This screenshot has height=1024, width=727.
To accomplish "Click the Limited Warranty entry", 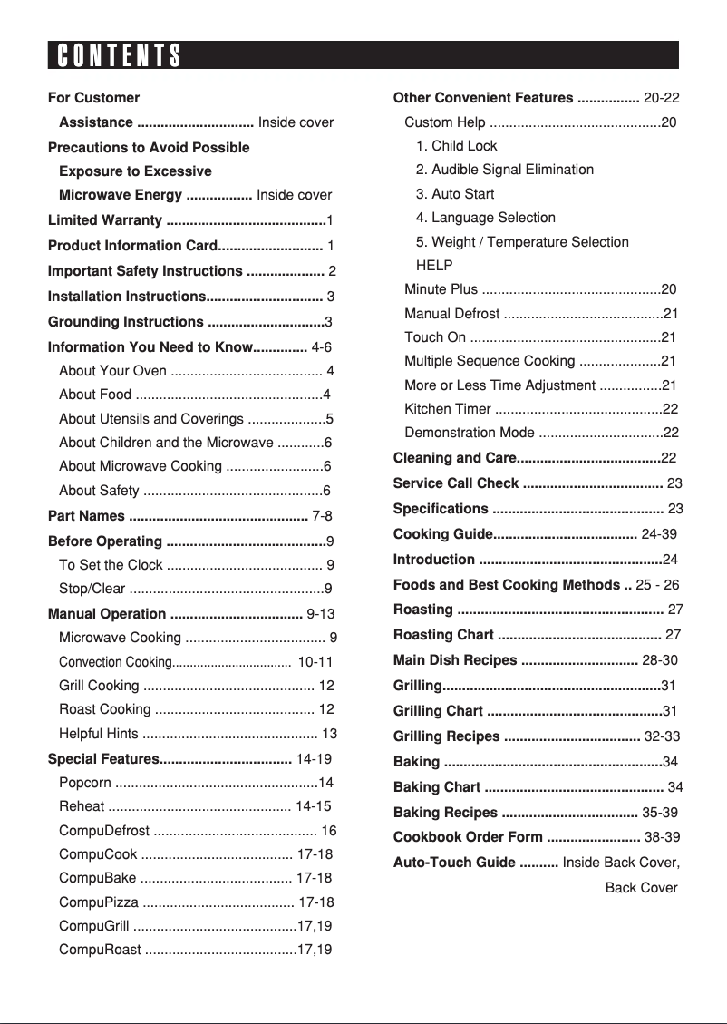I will pyautogui.click(x=105, y=220).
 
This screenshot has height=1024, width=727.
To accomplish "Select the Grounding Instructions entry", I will pyautogui.click(x=125, y=322).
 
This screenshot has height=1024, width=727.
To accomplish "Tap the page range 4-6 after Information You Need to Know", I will pyautogui.click(x=321, y=346).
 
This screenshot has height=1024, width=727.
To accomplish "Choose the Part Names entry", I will pyautogui.click(x=86, y=516).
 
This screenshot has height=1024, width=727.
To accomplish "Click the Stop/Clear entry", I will pyautogui.click(x=92, y=588).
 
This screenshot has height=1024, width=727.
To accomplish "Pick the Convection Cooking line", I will pyautogui.click(x=115, y=662).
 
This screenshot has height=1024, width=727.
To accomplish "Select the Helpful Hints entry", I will pyautogui.click(x=99, y=734).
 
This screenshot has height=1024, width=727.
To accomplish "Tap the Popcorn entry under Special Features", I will pyautogui.click(x=85, y=783).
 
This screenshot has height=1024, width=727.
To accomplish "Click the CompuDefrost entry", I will pyautogui.click(x=104, y=831).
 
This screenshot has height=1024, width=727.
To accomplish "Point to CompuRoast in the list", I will pyautogui.click(x=100, y=951).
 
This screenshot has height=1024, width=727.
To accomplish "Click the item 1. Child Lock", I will pyautogui.click(x=456, y=146).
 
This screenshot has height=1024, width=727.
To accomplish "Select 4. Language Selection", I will pyautogui.click(x=485, y=218).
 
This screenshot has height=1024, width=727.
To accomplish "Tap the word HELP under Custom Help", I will pyautogui.click(x=434, y=266).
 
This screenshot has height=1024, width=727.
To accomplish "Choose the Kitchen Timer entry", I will pyautogui.click(x=448, y=409).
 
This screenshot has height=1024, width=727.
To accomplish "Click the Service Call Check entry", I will pyautogui.click(x=456, y=483).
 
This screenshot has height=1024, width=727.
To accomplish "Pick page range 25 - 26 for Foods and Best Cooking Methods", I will pyautogui.click(x=658, y=585).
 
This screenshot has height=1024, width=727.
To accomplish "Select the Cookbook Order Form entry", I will pyautogui.click(x=468, y=837).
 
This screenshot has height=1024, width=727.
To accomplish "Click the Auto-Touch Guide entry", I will pyautogui.click(x=454, y=863).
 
